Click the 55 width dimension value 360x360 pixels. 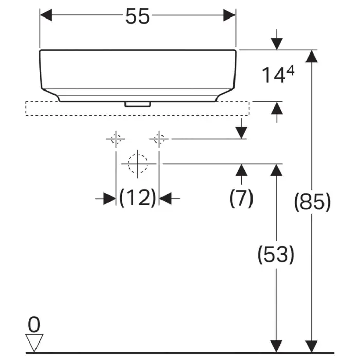pyautogui.click(x=137, y=16)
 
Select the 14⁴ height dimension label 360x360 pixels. pyautogui.click(x=278, y=76)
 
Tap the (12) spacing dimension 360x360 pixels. pyautogui.click(x=137, y=197)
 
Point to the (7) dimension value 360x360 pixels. pyautogui.click(x=241, y=197)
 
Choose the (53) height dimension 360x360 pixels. pyautogui.click(x=276, y=254)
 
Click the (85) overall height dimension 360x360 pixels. pyautogui.click(x=312, y=202)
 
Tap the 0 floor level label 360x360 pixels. pyautogui.click(x=34, y=324)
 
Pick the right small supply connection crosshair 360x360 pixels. pyautogui.click(x=159, y=138)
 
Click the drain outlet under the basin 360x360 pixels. pyautogui.click(x=137, y=104)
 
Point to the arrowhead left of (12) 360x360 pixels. pyautogui.click(x=109, y=198)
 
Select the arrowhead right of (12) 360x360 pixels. pyautogui.click(x=166, y=198)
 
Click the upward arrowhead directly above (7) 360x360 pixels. pyautogui.click(x=241, y=170)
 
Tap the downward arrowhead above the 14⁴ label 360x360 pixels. pyautogui.click(x=277, y=43)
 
